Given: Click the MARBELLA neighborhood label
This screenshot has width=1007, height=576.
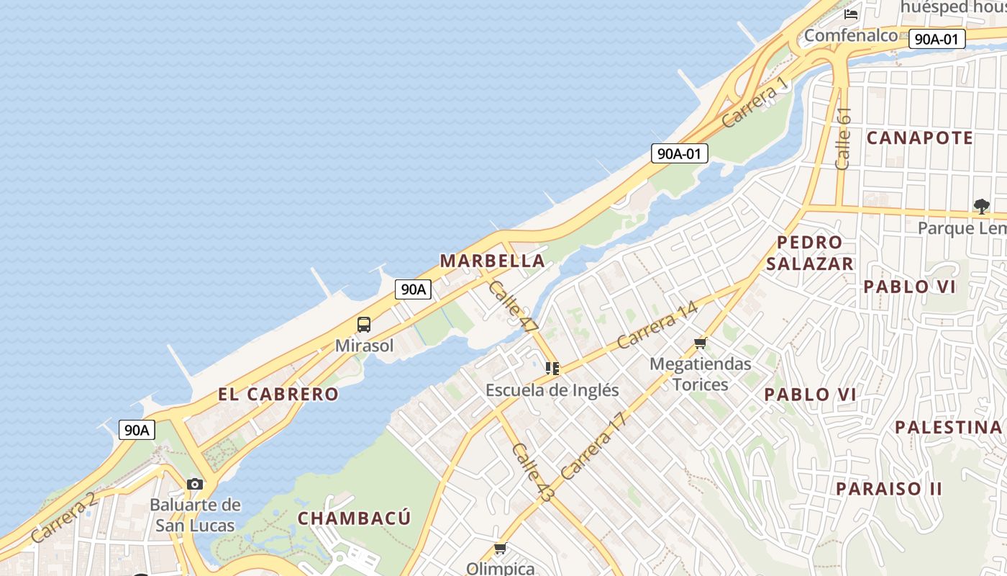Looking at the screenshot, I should tap(492, 261).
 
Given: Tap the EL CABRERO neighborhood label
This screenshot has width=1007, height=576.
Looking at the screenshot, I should tap(278, 394).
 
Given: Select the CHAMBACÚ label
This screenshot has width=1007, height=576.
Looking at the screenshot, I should tap(355, 518).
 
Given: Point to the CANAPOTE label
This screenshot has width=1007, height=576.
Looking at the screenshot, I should tap(920, 138).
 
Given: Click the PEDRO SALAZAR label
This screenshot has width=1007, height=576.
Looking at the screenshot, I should tap(810, 253).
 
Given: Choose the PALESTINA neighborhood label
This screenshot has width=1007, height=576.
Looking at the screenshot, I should tap(948, 427).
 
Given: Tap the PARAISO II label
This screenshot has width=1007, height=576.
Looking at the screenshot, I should tap(889, 489).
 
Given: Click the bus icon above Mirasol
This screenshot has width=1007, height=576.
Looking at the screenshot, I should tap(364, 325).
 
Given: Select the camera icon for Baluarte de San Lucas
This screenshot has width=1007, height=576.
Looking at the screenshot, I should tap(195, 484).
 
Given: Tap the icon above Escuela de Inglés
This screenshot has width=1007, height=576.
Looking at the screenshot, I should tap(552, 369).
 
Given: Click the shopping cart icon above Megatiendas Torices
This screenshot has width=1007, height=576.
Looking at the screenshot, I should tap(701, 343).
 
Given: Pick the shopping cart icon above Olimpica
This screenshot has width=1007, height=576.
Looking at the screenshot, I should tap(501, 549).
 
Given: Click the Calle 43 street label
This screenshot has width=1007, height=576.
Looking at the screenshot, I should tap(532, 472).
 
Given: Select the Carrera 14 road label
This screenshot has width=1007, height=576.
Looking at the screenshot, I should tap(657, 325).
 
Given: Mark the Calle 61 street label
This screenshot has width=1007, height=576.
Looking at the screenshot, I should tap(844, 138).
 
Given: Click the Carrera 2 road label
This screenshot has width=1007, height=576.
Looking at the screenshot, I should tap(63, 517).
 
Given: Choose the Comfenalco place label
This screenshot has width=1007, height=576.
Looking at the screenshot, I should tap(851, 35).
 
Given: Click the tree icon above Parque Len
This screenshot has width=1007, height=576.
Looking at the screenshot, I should tap(981, 207).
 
